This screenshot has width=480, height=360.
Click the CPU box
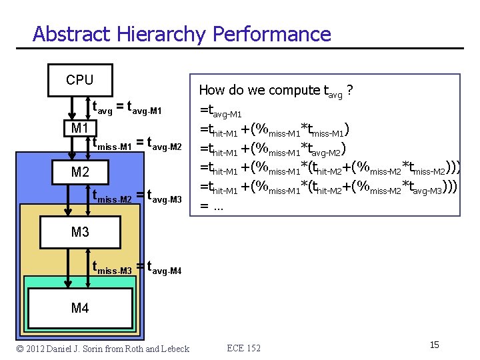coord(80,80)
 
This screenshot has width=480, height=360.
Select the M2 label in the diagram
coord(80,173)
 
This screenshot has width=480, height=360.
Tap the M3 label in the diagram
coord(80,232)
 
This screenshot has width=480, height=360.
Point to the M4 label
coord(80,308)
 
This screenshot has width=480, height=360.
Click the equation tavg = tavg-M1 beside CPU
coord(127,107)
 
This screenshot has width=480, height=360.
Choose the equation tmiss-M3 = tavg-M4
coord(137,268)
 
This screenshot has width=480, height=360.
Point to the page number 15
coord(434,345)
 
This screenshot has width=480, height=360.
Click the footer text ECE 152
coord(244,348)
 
